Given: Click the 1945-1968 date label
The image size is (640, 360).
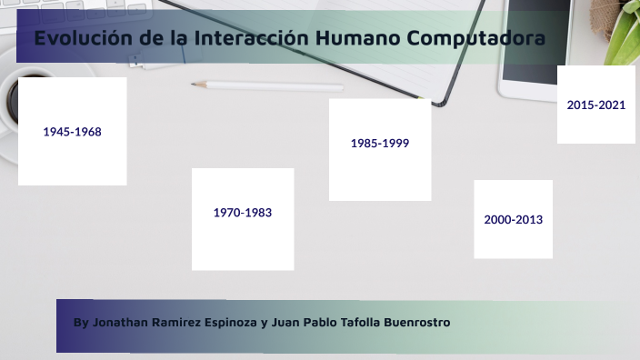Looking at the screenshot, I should [72, 132].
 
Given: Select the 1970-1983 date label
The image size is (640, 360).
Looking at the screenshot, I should [243, 213].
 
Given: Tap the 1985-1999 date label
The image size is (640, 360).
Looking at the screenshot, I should [380, 143].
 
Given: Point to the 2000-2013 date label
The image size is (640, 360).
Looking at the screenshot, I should [514, 220].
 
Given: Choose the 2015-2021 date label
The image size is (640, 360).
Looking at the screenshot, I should [596, 105].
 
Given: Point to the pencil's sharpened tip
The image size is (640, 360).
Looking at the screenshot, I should [194, 84].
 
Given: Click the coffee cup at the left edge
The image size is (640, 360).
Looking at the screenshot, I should [11, 102].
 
